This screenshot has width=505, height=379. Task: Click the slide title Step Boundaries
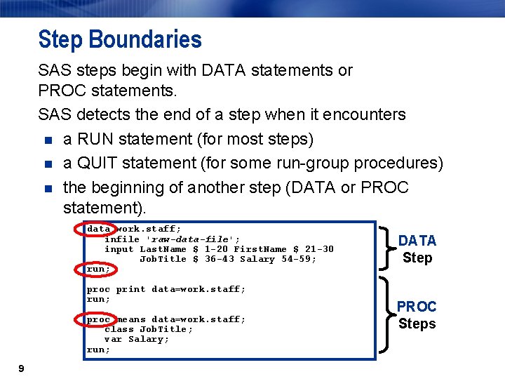(x=120, y=39)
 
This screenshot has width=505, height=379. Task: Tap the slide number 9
(x=22, y=368)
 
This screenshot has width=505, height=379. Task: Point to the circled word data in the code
(x=98, y=229)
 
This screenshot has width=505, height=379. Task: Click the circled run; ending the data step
(x=98, y=269)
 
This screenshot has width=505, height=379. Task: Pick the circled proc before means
(x=98, y=319)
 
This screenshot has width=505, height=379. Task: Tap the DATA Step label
(x=417, y=249)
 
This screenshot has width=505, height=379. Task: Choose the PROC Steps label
(x=417, y=315)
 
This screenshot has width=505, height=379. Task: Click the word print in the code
(x=130, y=289)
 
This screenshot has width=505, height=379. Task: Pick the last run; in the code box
(x=98, y=350)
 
